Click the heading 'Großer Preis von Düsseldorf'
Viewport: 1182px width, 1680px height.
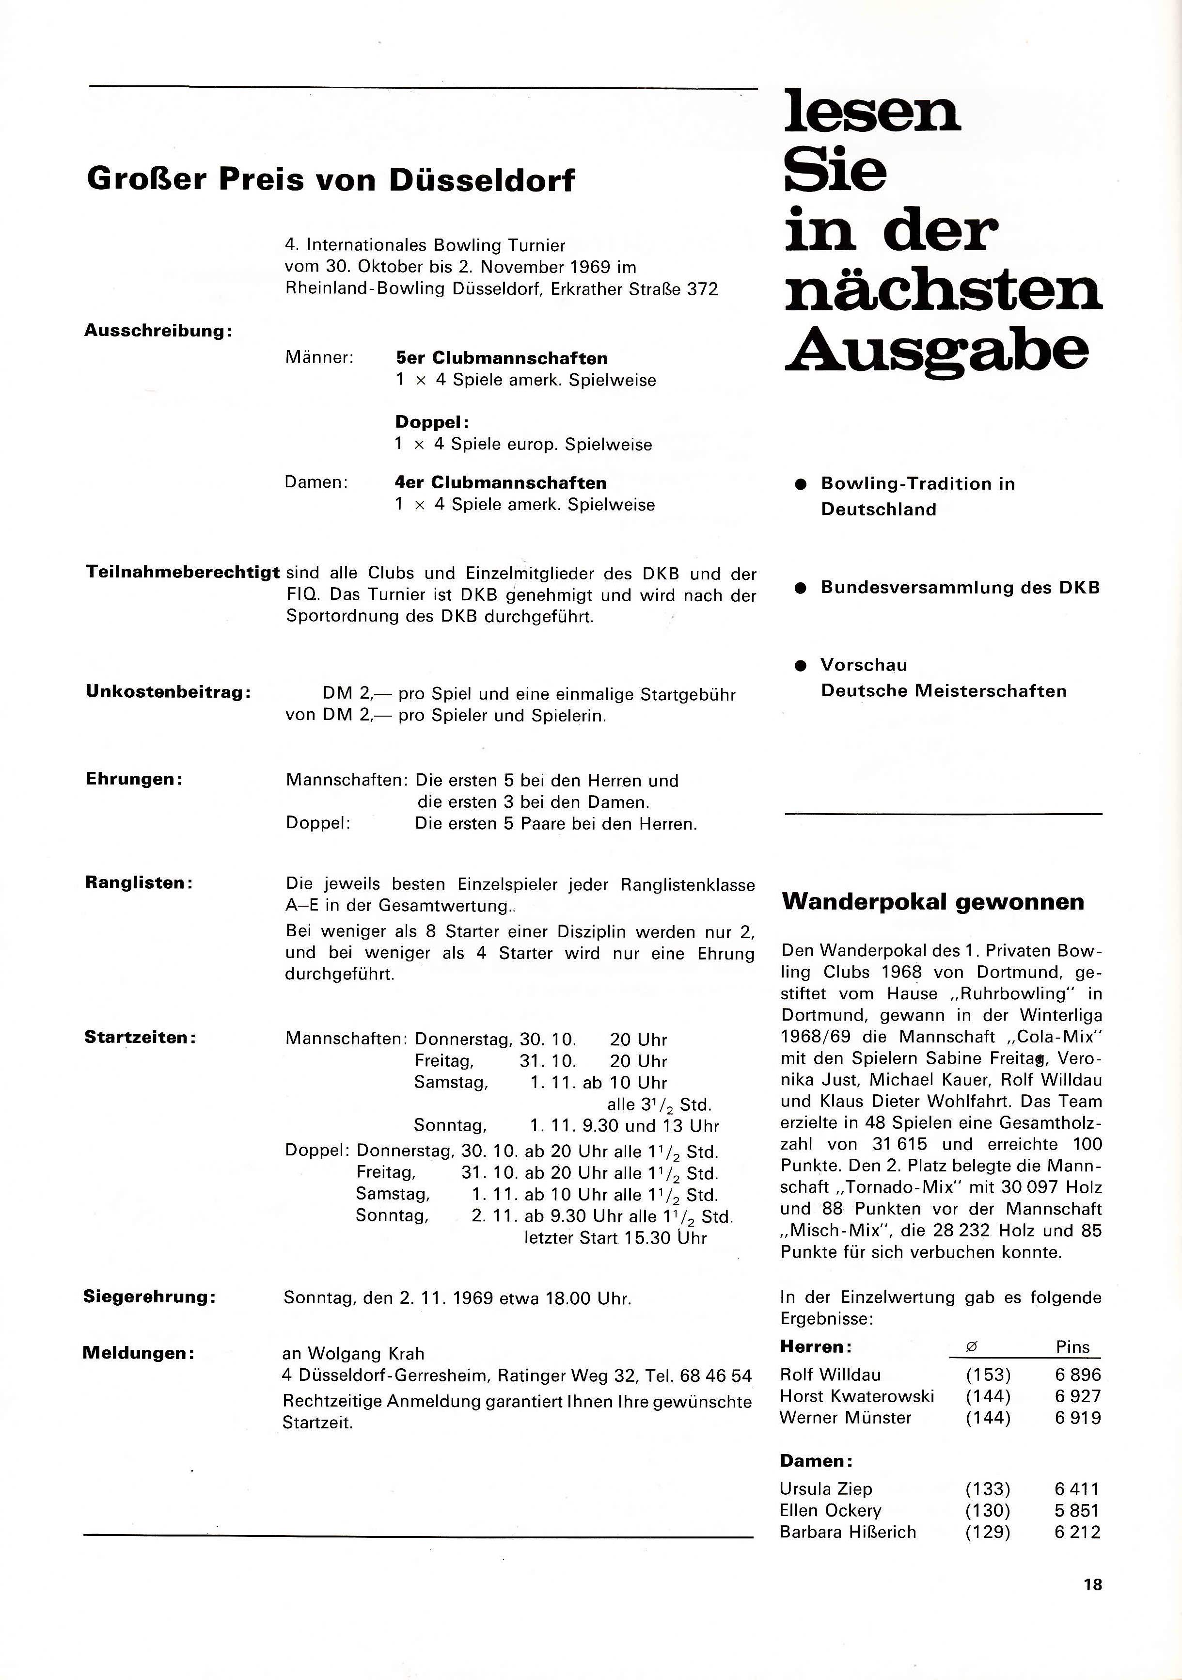tap(331, 180)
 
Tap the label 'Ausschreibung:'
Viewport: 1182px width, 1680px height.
tap(158, 331)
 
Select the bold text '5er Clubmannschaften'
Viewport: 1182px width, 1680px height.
tap(501, 358)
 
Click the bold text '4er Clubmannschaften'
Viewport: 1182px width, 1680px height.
tap(500, 483)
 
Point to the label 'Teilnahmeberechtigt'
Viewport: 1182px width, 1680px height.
tap(183, 572)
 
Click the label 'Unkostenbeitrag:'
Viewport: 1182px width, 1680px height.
tap(168, 692)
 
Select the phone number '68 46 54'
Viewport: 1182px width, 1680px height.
tap(715, 1376)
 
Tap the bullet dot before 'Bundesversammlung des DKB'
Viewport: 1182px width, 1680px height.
tap(801, 588)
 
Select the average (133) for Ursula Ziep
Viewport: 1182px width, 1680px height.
tap(988, 1489)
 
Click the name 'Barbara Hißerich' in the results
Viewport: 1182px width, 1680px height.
tap(848, 1532)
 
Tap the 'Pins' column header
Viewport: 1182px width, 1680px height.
tap(1072, 1347)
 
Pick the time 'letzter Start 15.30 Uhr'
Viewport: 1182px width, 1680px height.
tap(615, 1238)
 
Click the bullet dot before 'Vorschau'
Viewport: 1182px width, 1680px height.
tap(801, 666)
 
